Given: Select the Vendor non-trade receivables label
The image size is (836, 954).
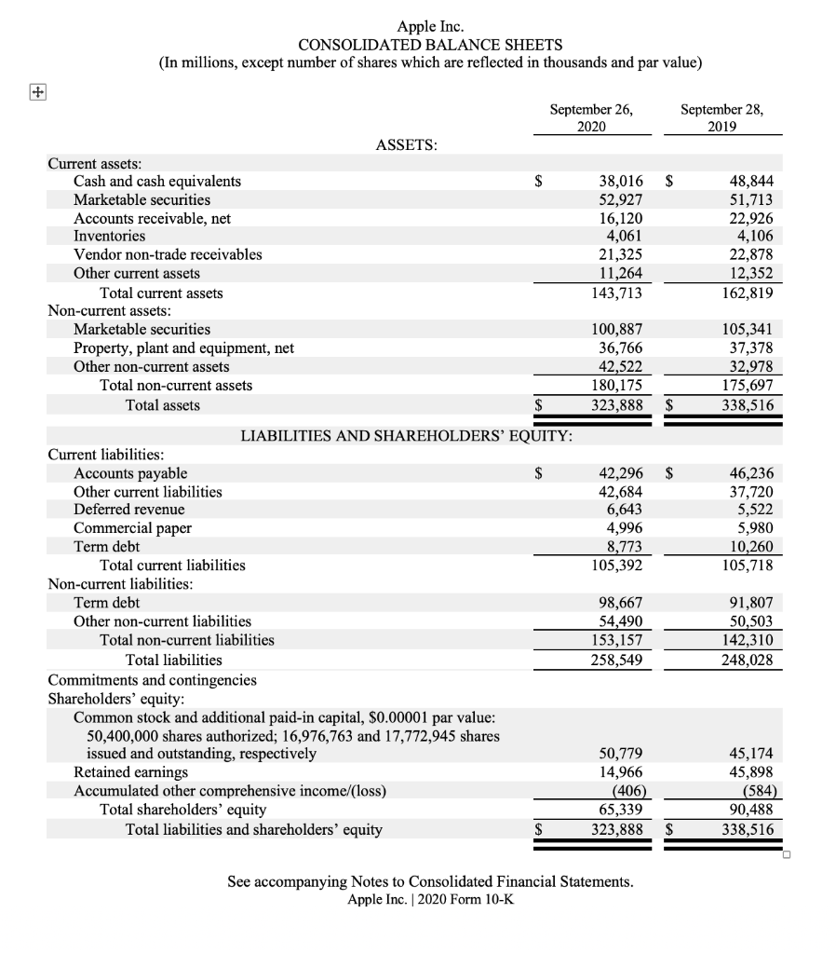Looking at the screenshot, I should pyautogui.click(x=168, y=254).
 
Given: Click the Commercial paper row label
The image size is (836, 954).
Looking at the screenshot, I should pyautogui.click(x=132, y=528).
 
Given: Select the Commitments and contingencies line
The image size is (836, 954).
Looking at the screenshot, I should pyautogui.click(x=152, y=680).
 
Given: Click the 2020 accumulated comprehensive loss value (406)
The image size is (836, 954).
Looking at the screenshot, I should pyautogui.click(x=626, y=791).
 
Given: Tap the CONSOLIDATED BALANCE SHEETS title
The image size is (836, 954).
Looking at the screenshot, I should pyautogui.click(x=429, y=45).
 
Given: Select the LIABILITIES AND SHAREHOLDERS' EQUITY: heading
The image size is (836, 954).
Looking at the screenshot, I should pyautogui.click(x=407, y=435).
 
